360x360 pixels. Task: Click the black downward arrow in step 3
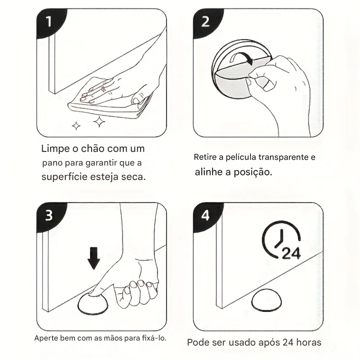pos(94,258)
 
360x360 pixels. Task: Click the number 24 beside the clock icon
pos(291,253)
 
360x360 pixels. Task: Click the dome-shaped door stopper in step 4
pos(266,300)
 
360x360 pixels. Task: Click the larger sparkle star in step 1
pos(99,122)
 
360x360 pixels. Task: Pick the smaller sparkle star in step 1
pos(76,126)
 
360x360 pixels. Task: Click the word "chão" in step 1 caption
pos(93,149)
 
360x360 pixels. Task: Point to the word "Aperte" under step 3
pos(46,338)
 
